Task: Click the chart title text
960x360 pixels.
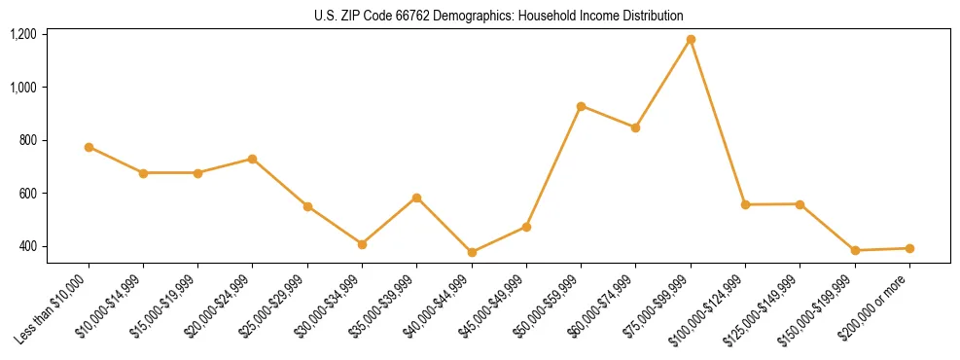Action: (498, 16)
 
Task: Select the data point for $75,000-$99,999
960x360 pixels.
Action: (691, 40)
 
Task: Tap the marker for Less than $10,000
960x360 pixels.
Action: (89, 147)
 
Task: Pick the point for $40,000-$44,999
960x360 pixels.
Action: (472, 252)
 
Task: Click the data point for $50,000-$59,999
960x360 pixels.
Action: (581, 106)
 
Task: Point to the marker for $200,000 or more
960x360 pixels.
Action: (909, 248)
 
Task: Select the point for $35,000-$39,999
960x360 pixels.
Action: (416, 198)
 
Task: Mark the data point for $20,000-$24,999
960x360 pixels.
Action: (253, 159)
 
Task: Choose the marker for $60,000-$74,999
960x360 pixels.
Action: (635, 127)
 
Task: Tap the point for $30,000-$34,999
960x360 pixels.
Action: (362, 244)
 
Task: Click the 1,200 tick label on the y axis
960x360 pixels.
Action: (23, 34)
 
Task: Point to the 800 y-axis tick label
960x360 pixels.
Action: (27, 140)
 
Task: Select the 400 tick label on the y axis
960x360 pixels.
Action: (27, 246)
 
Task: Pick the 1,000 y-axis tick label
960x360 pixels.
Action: (23, 88)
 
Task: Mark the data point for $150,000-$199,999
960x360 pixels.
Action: (855, 250)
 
